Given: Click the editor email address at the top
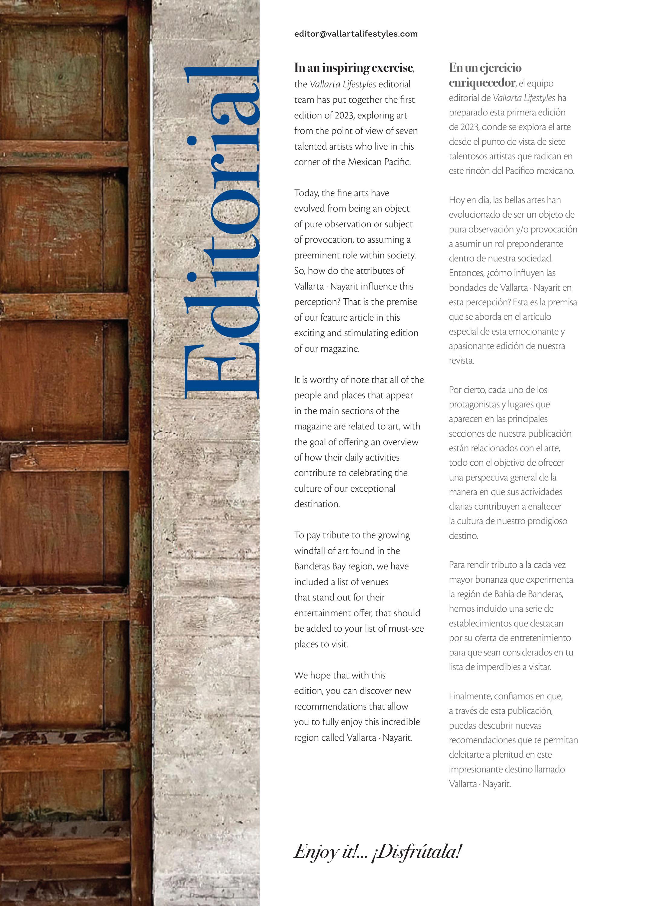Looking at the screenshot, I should [356, 34].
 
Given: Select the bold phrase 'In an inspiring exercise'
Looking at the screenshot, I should [354, 68].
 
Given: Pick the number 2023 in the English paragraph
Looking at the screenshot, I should [343, 115].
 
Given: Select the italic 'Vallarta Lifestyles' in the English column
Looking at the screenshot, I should [343, 84].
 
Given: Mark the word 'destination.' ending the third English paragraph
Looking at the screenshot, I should [317, 504].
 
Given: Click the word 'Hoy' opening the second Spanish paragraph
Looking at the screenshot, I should [456, 200].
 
